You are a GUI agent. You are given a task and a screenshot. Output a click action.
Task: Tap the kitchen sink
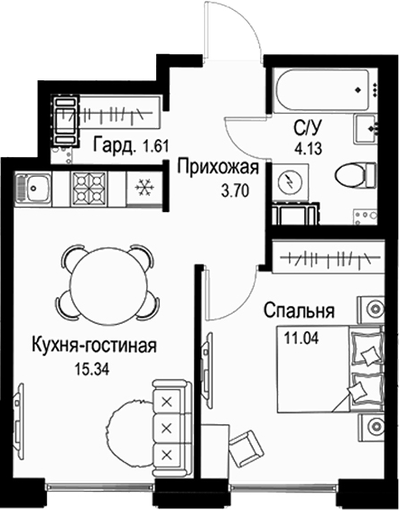pyautogui.click(x=32, y=189)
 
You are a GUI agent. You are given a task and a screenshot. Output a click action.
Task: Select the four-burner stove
pyautogui.click(x=88, y=189)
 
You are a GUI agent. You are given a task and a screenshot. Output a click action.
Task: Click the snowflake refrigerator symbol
pyautogui.click(x=144, y=188)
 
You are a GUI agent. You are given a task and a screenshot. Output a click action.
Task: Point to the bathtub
pyautogui.click(x=322, y=89)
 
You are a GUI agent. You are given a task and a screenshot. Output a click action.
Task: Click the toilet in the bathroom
pyautogui.click(x=356, y=176)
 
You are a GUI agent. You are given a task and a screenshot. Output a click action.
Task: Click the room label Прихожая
pyautogui.click(x=218, y=169)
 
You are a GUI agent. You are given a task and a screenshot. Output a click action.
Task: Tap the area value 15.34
pyautogui.click(x=92, y=369)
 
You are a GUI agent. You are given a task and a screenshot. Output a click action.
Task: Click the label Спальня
pyautogui.click(x=299, y=311)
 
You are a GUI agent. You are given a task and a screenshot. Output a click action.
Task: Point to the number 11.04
pyautogui.click(x=302, y=338)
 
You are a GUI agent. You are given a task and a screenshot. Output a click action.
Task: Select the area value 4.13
pyautogui.click(x=308, y=149)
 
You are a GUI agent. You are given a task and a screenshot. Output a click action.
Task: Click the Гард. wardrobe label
pyautogui.click(x=114, y=145)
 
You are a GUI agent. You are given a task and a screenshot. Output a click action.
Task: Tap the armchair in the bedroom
pyautogui.click(x=247, y=444)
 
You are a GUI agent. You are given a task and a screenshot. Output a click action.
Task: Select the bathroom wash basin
pyautogui.click(x=367, y=129)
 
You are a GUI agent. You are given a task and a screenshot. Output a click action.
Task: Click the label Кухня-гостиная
pyautogui.click(x=94, y=346)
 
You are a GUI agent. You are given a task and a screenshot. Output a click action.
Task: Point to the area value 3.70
pyautogui.click(x=236, y=191)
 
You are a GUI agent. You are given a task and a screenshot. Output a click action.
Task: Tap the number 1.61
pyautogui.click(x=156, y=146)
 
